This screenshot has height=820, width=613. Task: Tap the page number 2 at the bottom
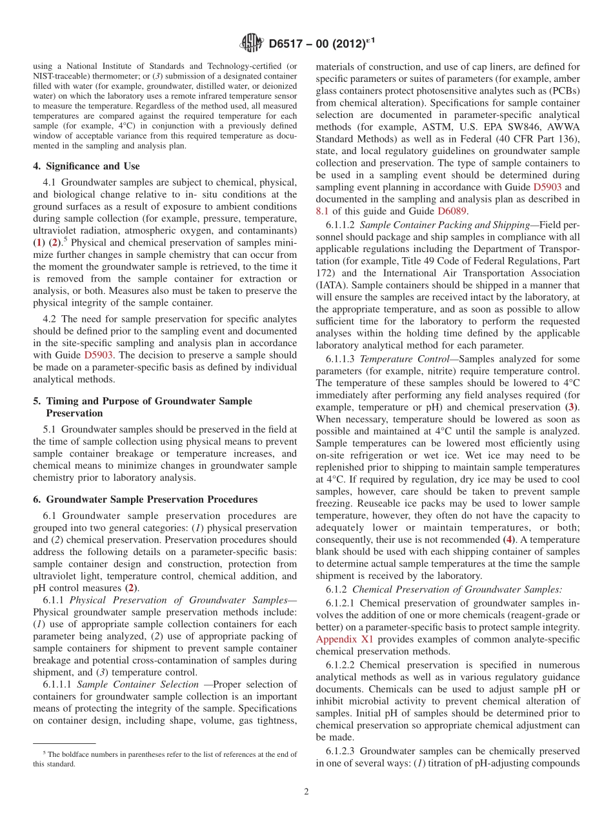tap(306, 792)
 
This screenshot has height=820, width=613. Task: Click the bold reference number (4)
tap(509, 539)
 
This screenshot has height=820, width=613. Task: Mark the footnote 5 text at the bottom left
tap(165, 758)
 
